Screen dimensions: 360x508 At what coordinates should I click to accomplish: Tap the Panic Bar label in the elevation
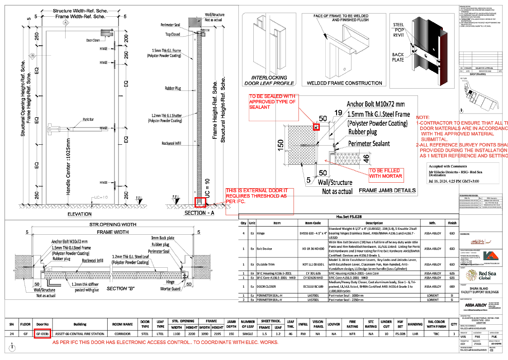[88, 119]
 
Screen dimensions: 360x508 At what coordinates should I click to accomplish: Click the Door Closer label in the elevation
[93, 40]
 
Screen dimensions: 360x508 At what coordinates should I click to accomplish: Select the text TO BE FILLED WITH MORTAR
[385, 173]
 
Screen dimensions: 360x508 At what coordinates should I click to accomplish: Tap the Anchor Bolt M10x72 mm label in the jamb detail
[376, 104]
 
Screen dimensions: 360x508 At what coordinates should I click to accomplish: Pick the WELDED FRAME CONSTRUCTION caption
[344, 83]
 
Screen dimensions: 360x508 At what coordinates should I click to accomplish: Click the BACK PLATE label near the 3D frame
[398, 57]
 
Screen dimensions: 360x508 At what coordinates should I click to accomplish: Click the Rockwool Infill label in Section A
[171, 143]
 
